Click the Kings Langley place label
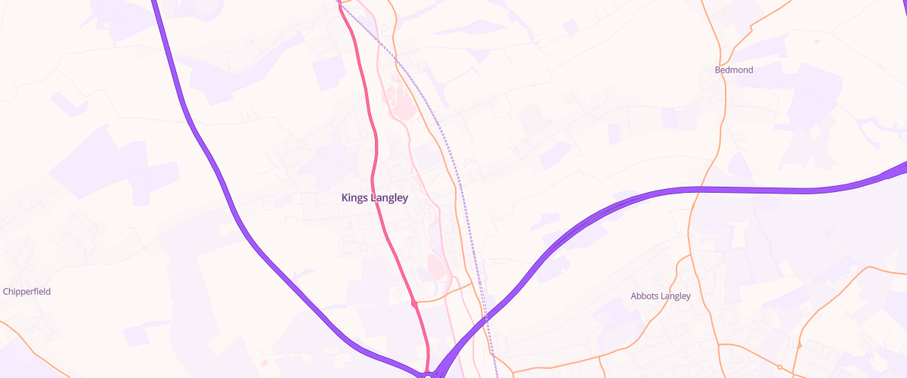click(374, 198)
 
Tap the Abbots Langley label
click(661, 296)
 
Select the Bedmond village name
click(734, 70)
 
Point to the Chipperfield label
click(26, 292)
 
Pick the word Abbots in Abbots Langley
click(644, 296)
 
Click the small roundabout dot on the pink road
click(414, 304)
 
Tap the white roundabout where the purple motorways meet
click(428, 375)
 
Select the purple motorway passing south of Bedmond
click(756, 190)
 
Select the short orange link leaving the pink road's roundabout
click(442, 296)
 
